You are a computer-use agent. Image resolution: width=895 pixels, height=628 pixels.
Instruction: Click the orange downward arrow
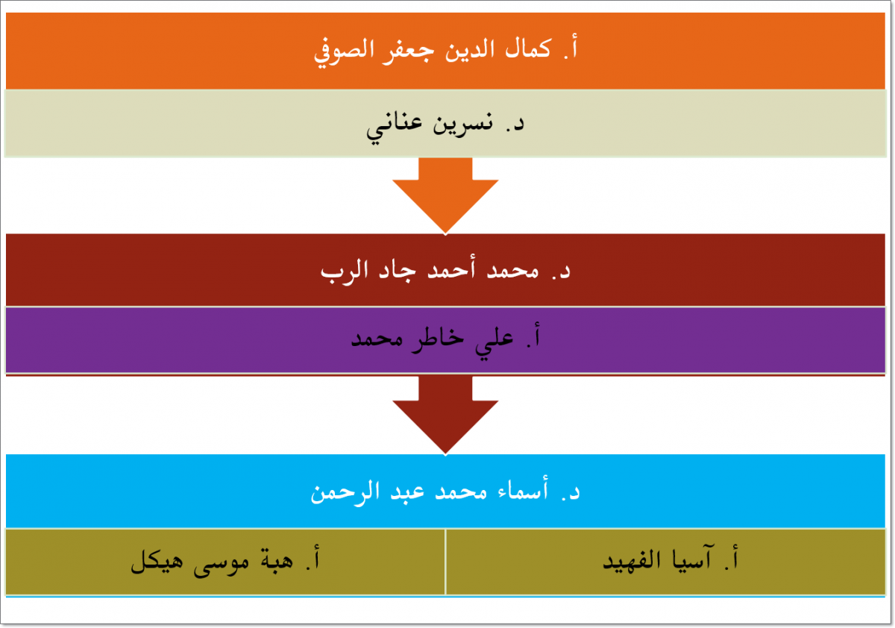tap(445, 195)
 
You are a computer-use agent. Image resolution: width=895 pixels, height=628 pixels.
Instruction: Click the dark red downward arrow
tap(445, 415)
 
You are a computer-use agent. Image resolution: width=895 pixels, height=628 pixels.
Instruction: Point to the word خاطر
tap(438, 340)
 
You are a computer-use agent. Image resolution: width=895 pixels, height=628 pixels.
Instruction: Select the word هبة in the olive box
tap(277, 560)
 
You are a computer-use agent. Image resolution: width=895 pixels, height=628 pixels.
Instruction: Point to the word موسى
tap(222, 562)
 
